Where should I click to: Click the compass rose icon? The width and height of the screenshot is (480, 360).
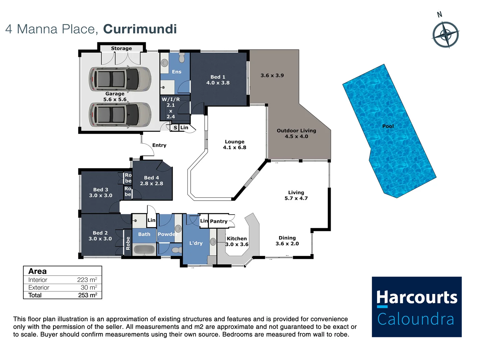point(446,34)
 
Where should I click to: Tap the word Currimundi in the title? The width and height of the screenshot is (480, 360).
point(140,29)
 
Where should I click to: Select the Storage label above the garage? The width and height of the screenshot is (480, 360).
point(121,48)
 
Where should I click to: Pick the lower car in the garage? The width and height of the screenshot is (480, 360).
point(120,114)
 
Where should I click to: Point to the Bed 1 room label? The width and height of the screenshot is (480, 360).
point(218,77)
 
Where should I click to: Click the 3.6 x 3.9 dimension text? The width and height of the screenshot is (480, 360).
point(272,75)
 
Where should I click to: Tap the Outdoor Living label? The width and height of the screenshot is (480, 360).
point(296,131)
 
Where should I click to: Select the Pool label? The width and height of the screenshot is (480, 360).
point(388,126)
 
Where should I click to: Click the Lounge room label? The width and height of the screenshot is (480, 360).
point(234,142)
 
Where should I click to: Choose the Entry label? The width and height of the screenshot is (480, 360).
point(159,145)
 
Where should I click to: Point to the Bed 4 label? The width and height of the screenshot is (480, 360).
point(151,178)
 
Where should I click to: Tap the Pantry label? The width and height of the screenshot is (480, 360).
point(219,221)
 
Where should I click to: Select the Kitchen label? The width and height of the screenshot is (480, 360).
point(237,239)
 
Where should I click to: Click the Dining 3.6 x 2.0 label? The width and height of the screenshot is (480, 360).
point(287,241)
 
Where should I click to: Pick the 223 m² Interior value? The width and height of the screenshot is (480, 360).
point(87,280)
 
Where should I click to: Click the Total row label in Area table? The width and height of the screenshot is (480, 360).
point(35,295)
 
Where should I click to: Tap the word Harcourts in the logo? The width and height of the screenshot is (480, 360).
point(417,297)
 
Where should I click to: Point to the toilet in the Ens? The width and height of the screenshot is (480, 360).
point(182,57)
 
